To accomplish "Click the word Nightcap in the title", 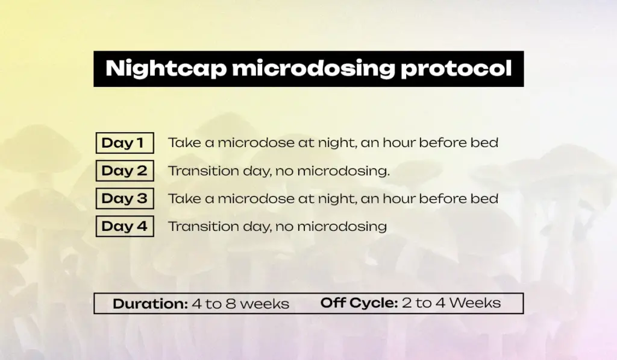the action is pyautogui.click(x=166, y=69).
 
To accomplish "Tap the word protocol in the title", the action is pyautogui.click(x=456, y=69).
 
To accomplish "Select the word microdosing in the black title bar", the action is pyautogui.click(x=313, y=69).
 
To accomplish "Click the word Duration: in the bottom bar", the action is pyautogui.click(x=150, y=304).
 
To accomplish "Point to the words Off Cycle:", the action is pyautogui.click(x=359, y=303).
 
